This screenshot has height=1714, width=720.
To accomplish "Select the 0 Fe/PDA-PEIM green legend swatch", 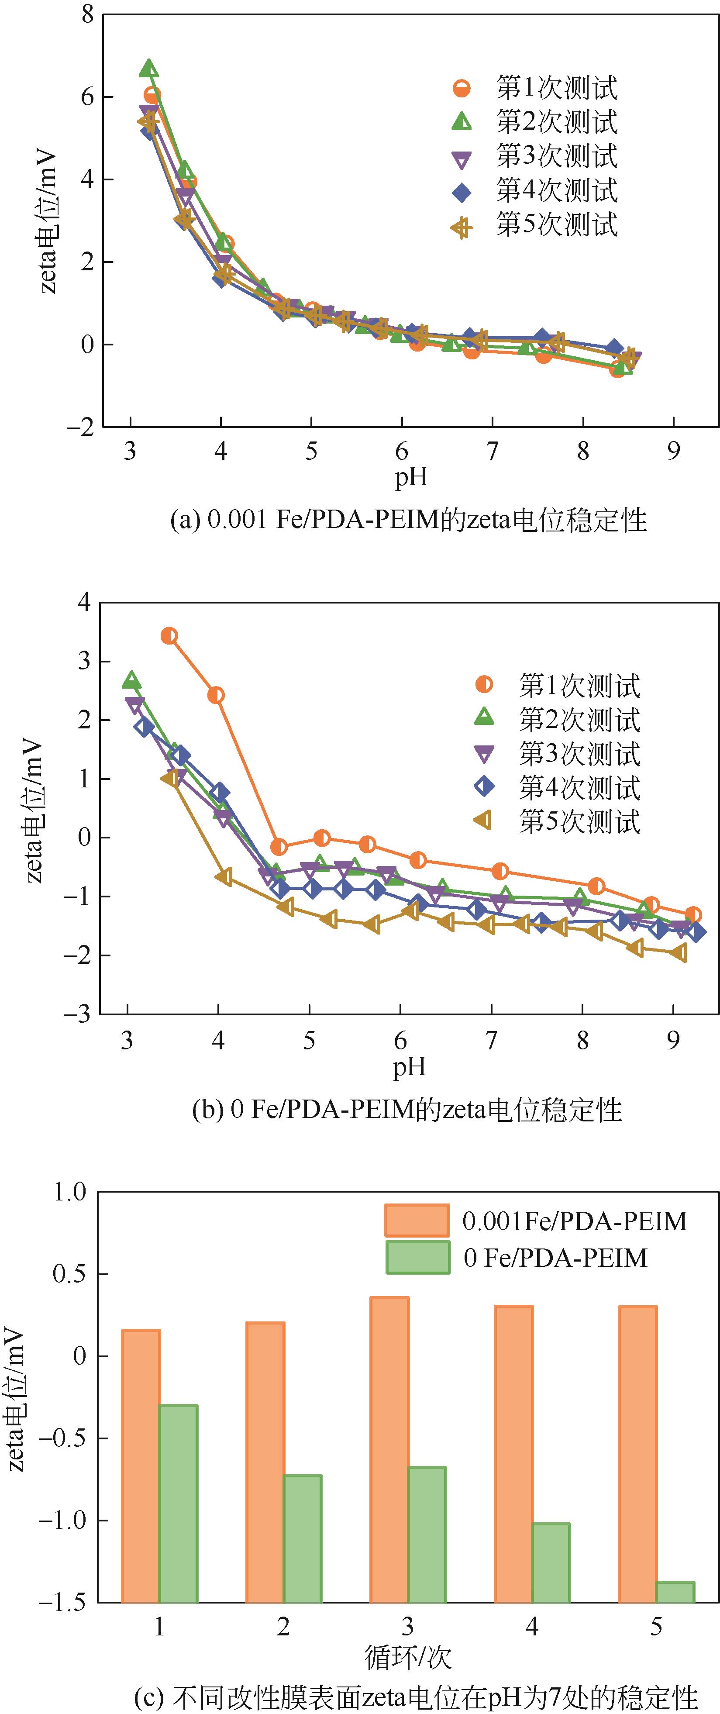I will (417, 1258).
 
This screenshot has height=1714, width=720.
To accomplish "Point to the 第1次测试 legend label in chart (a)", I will (556, 88).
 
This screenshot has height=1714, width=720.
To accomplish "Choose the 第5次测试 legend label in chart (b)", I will (579, 822).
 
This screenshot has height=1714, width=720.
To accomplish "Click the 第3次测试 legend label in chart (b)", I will (579, 754).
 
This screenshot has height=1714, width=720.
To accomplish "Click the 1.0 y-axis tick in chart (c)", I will (70, 1192).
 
